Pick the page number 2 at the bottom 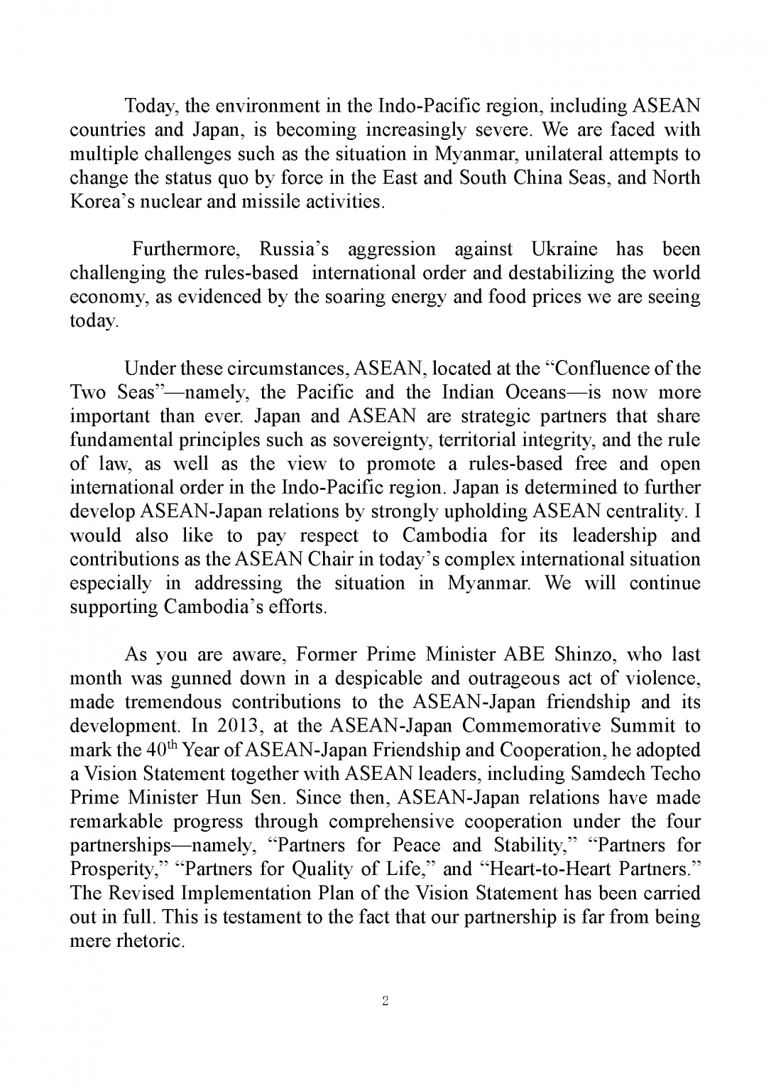coord(385,1002)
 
